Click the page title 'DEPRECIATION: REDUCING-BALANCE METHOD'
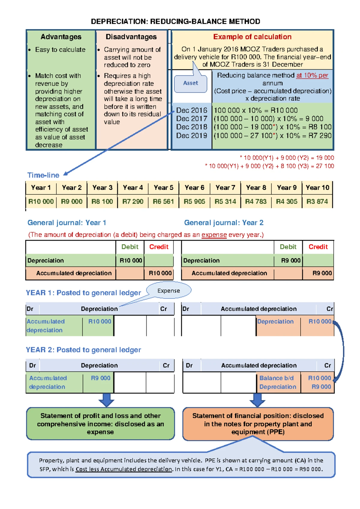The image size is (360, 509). point(175,22)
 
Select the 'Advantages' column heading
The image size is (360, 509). point(61,37)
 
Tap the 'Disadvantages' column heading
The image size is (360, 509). point(131,37)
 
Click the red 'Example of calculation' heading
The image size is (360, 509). point(252,37)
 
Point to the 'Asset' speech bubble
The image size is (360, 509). point(190,83)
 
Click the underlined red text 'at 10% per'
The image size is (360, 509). point(312,75)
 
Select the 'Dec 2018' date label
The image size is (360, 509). point(192,127)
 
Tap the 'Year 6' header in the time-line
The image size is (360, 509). point(194,188)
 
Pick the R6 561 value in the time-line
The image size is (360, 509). point(163,201)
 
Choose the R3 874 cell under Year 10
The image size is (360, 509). point(317,201)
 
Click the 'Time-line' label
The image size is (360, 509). point(43,175)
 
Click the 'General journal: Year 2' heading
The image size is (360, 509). point(224,223)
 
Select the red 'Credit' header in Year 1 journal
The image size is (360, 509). point(159,247)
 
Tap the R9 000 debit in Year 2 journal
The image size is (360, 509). point(291,261)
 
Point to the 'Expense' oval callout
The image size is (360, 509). point(169,290)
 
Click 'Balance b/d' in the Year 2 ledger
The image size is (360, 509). point(276,378)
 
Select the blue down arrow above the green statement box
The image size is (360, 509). point(106,400)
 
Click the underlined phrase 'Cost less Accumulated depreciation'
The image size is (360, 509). point(124,469)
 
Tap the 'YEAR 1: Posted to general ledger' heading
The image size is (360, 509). point(83,293)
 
